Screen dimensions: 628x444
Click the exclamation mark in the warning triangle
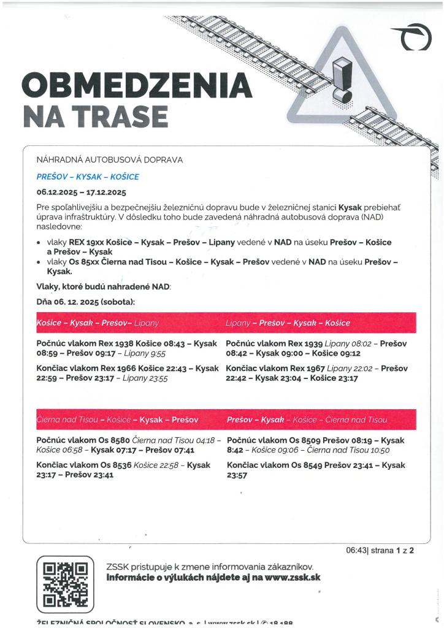[341, 80]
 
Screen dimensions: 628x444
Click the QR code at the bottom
[65, 583]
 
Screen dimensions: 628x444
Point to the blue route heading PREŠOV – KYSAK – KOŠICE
[88, 177]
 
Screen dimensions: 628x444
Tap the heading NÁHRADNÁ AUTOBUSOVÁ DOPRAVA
[110, 160]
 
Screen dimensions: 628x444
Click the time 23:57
[237, 475]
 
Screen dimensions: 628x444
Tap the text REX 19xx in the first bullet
[83, 242]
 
